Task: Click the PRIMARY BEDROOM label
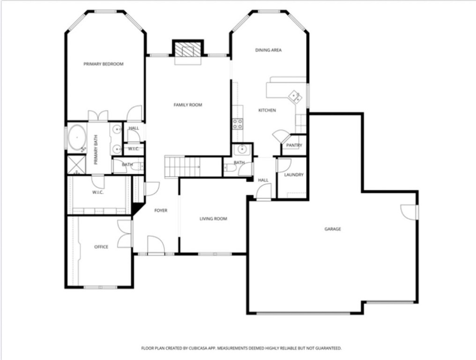tap(104, 64)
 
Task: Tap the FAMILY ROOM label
tap(188, 105)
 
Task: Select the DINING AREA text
tap(268, 50)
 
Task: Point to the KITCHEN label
tap(267, 111)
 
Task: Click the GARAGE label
tap(333, 229)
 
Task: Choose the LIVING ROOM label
tap(213, 219)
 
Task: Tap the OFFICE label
tap(101, 247)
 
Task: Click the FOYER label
tap(161, 211)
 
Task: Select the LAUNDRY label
tap(294, 175)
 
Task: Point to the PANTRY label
tap(294, 145)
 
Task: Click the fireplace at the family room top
tap(188, 49)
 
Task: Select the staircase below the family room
tap(182, 167)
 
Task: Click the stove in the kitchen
tap(238, 123)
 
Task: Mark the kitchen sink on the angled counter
tap(295, 97)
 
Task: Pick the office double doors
tap(125, 233)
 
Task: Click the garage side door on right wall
tap(409, 212)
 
